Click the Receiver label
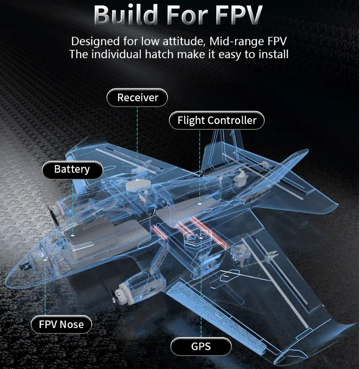[x=137, y=98]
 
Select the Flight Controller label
[x=217, y=120]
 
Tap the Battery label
[x=72, y=169]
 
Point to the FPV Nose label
[x=61, y=325]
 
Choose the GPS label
[x=201, y=346]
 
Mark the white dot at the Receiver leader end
[x=137, y=179]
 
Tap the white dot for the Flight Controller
[x=199, y=203]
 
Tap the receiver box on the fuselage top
[x=137, y=184]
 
